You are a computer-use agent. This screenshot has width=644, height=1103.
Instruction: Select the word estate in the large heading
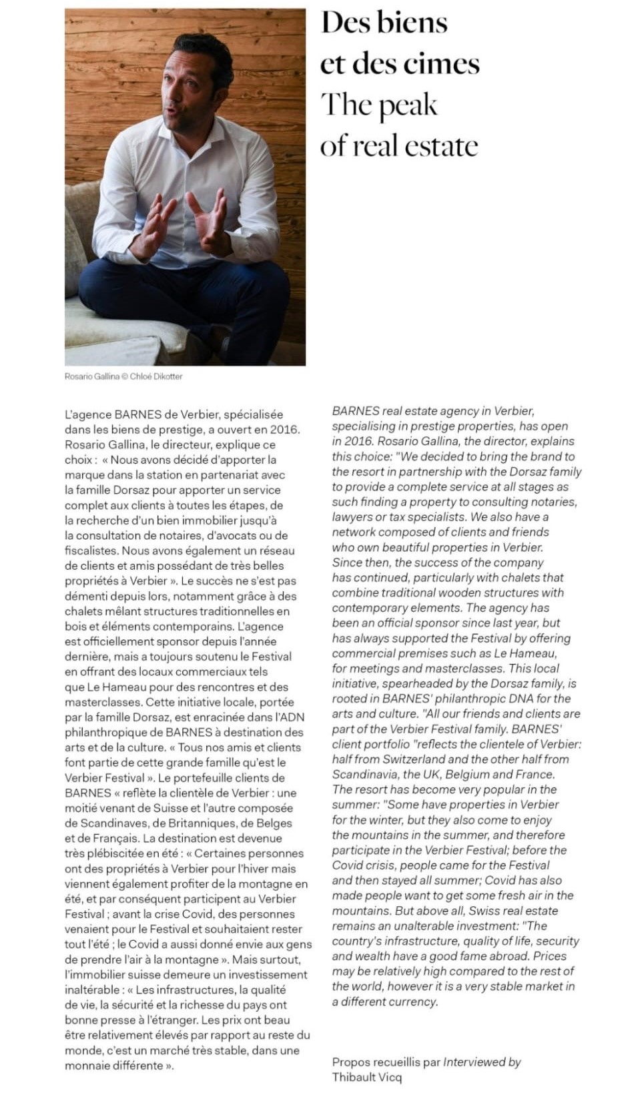point(441,146)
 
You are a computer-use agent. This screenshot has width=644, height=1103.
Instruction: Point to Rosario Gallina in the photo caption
point(91,376)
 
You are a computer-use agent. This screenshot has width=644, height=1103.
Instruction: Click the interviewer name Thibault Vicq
point(366,1076)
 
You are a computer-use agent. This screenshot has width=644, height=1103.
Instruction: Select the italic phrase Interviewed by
point(482,1062)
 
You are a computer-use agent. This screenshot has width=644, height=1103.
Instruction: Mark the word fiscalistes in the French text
point(91,550)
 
